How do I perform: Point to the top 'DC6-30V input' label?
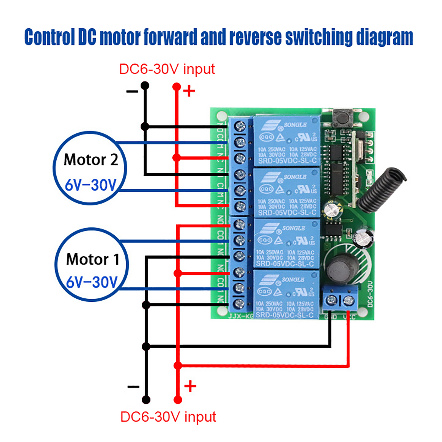point(167,69)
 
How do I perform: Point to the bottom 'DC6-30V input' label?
point(168,417)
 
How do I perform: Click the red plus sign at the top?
point(189,91)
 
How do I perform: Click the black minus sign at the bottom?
point(133,386)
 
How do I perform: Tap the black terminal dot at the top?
point(145,86)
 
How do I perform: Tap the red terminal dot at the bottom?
point(178,400)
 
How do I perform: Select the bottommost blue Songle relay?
point(286,294)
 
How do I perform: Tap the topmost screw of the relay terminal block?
point(240,127)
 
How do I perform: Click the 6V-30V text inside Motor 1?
point(92,282)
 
